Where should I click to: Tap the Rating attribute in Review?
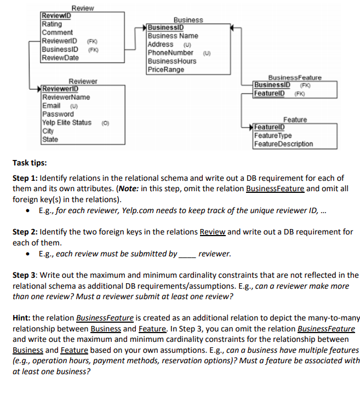[52, 24]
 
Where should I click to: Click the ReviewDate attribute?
[60, 58]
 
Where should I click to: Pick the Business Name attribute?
[173, 36]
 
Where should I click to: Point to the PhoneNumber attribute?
[170, 53]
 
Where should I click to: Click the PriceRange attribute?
[166, 70]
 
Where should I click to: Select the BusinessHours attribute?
[172, 61]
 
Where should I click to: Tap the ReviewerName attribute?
[66, 98]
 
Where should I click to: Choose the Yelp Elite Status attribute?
[67, 122]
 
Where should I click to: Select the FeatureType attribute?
[273, 136]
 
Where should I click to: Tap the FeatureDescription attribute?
[284, 144]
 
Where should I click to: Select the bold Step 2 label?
[25, 232]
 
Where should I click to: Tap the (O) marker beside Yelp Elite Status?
[105, 123]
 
